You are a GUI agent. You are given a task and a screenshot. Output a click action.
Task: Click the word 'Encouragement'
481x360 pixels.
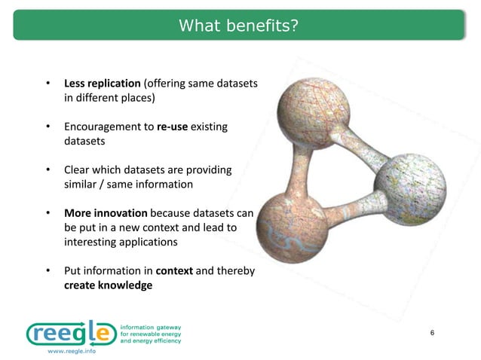tap(100, 127)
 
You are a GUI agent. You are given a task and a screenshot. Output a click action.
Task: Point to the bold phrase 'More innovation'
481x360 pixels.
tap(105, 214)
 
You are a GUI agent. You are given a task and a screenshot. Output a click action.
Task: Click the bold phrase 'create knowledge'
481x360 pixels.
tap(108, 285)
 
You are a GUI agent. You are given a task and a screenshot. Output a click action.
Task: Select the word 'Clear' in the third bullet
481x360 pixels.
tap(77, 170)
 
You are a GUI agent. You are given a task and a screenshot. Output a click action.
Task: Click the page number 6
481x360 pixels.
tap(432, 333)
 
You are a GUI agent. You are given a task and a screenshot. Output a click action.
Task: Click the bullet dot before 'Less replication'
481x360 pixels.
tap(47, 83)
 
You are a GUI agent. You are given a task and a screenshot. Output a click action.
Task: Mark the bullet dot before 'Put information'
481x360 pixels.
tap(47, 271)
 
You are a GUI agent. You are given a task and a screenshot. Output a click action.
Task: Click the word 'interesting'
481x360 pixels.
tap(94, 243)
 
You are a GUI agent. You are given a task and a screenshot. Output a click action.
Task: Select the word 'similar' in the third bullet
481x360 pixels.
tap(82, 185)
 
